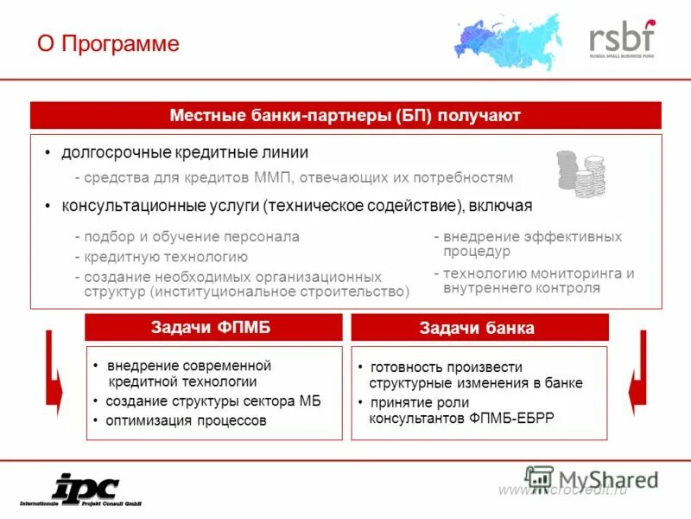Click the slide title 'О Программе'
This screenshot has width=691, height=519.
(108, 43)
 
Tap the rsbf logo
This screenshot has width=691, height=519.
(622, 39)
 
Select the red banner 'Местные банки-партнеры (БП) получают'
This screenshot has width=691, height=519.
(345, 116)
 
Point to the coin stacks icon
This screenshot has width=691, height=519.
(580, 173)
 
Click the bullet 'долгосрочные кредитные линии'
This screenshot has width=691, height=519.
(184, 153)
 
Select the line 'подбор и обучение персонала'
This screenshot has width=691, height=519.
(191, 236)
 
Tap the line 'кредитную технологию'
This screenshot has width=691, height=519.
(165, 257)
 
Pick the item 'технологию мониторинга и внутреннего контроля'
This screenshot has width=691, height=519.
(534, 280)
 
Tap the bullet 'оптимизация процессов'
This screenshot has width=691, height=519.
(186, 421)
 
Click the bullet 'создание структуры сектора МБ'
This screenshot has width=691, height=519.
(213, 402)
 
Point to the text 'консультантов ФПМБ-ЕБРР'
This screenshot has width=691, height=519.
(461, 419)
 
